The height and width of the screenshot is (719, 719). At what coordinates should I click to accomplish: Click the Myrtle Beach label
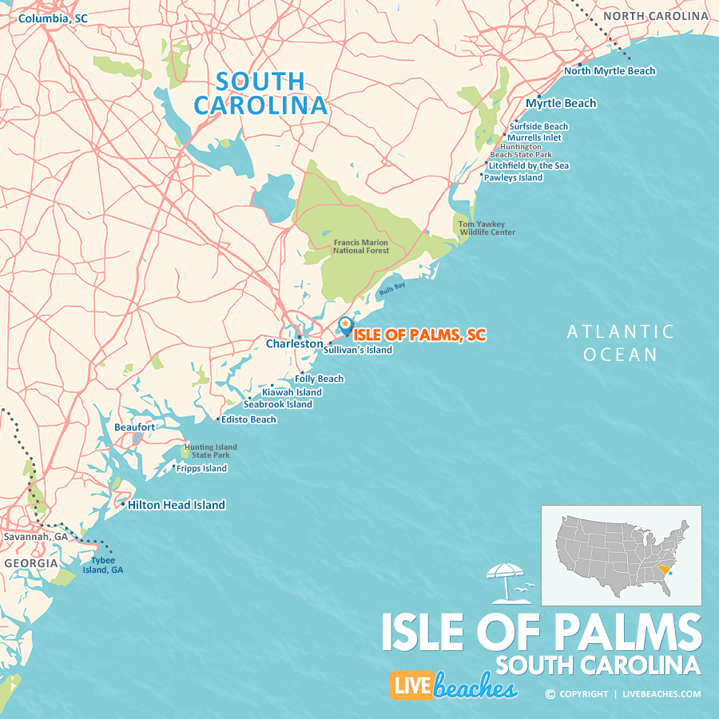coord(561,103)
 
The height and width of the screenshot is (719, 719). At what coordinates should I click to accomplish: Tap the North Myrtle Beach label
coord(610,70)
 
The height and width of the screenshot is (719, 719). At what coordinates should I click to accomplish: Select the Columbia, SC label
coord(53,18)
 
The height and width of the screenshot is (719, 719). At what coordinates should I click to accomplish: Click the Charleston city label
coord(294,344)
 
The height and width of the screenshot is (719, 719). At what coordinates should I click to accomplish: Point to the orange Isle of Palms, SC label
coord(419,335)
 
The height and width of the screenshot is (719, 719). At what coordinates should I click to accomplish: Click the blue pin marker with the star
coord(345,325)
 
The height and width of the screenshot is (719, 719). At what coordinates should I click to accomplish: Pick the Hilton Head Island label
coord(177,505)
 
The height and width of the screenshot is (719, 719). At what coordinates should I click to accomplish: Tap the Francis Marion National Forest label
coord(361,246)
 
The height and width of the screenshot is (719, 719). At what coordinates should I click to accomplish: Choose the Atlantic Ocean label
coord(620,343)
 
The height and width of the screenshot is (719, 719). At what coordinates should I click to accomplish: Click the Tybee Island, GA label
coord(107,565)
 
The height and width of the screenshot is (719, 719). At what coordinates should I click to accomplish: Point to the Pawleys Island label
coord(513,177)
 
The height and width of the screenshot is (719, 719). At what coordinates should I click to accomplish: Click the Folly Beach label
coord(319,379)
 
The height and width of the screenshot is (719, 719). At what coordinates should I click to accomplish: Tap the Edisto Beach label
coord(248,419)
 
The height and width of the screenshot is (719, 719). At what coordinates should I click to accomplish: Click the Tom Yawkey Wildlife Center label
coord(487,228)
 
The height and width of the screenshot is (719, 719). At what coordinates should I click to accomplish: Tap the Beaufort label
coord(134,427)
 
